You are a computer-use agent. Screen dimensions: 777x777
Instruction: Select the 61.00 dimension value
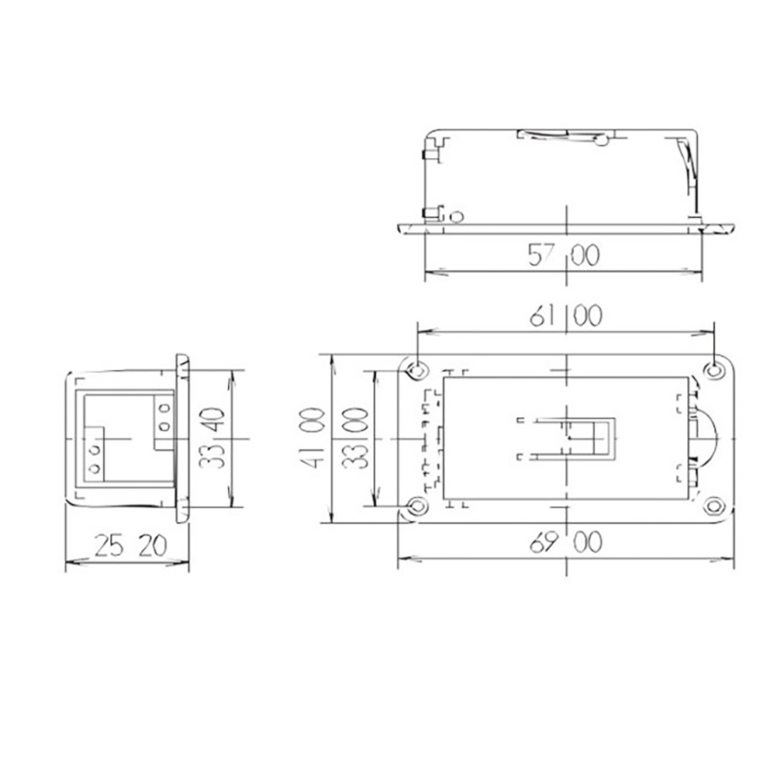tap(566, 316)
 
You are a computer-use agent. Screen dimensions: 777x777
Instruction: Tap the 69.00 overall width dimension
tap(566, 542)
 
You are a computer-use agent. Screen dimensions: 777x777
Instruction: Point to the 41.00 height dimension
tap(313, 439)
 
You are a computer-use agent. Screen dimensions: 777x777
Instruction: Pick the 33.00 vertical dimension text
tap(355, 439)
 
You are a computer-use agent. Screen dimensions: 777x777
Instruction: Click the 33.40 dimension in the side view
tap(212, 438)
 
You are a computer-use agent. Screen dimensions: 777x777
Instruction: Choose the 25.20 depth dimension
tap(131, 546)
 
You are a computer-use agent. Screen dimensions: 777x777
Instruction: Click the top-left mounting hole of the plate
tap(417, 370)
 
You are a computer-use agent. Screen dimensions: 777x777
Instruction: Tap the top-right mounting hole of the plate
tap(714, 370)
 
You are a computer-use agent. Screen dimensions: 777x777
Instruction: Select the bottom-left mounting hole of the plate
tap(417, 506)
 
